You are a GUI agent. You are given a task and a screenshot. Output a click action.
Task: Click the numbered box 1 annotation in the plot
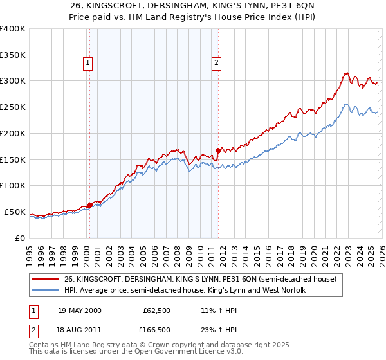coord(87,63)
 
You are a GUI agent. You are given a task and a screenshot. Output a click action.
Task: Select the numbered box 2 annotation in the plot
coord(217,63)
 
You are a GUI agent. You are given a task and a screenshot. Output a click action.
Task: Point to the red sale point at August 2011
coord(218,151)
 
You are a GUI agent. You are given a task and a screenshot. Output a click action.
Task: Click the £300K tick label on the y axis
coord(13,81)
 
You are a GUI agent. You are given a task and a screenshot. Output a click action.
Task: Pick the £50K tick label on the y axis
coord(15,212)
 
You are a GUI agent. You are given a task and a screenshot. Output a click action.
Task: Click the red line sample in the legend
coord(46,280)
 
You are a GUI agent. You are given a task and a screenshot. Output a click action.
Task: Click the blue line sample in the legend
coord(46,291)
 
